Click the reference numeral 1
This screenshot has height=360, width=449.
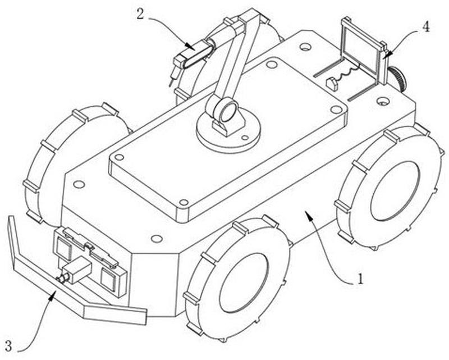[x=361, y=278]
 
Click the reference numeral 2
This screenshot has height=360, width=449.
[x=140, y=13]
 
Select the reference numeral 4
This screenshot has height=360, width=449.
[x=426, y=27]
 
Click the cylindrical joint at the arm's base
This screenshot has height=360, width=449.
[x=224, y=109]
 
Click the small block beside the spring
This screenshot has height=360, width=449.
[x=332, y=84]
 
